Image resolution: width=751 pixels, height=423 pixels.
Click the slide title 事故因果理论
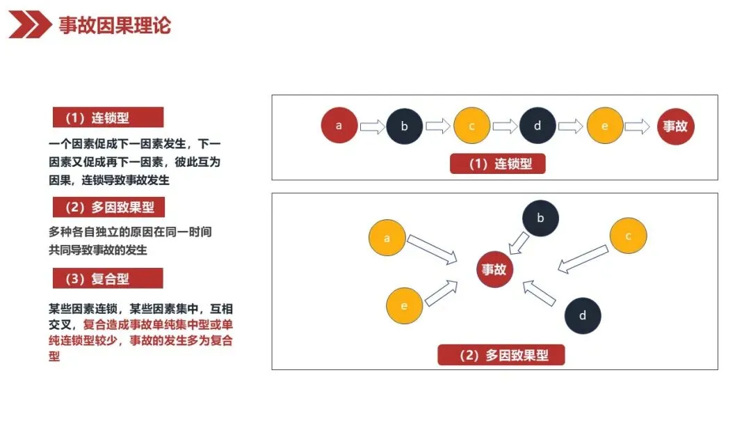tap(115, 26)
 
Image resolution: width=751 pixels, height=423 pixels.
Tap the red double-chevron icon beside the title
tap(30, 26)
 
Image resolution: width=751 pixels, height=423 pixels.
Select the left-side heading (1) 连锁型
tap(108, 118)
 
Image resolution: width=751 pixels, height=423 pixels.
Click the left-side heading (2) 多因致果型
tap(108, 207)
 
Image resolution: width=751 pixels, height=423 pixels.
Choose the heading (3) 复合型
tap(108, 279)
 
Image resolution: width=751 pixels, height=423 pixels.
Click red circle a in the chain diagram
tap(339, 126)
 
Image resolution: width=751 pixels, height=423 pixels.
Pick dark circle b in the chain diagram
tap(404, 127)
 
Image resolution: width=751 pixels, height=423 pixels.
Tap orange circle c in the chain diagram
tap(471, 126)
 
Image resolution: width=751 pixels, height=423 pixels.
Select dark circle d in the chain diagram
tap(538, 126)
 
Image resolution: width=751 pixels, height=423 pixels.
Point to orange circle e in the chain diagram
tap(604, 126)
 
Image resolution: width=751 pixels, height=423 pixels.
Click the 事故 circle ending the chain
tap(675, 127)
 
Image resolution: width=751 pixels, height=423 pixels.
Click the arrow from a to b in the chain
tap(372, 127)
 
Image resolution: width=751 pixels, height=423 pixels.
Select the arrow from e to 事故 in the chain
tap(637, 127)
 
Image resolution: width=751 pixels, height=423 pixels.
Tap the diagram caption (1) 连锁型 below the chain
tap(497, 164)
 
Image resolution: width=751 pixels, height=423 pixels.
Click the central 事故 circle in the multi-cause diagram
tap(494, 269)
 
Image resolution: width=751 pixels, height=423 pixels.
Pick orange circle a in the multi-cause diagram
tap(387, 238)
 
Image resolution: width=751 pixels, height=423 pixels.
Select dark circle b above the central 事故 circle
tap(540, 218)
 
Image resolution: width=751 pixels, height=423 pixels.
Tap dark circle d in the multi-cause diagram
tap(582, 315)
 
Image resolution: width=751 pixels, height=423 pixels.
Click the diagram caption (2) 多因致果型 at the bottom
tap(501, 356)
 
